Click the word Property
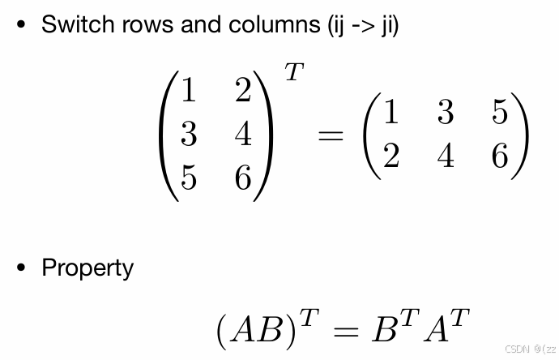[87, 268]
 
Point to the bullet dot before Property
[22, 268]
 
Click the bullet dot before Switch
[22, 24]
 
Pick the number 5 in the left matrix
[188, 177]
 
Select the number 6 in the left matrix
[243, 177]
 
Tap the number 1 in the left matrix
[188, 91]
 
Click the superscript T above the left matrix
[293, 73]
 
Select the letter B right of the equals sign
[383, 330]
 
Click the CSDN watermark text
[516, 349]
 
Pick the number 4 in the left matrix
[243, 134]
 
